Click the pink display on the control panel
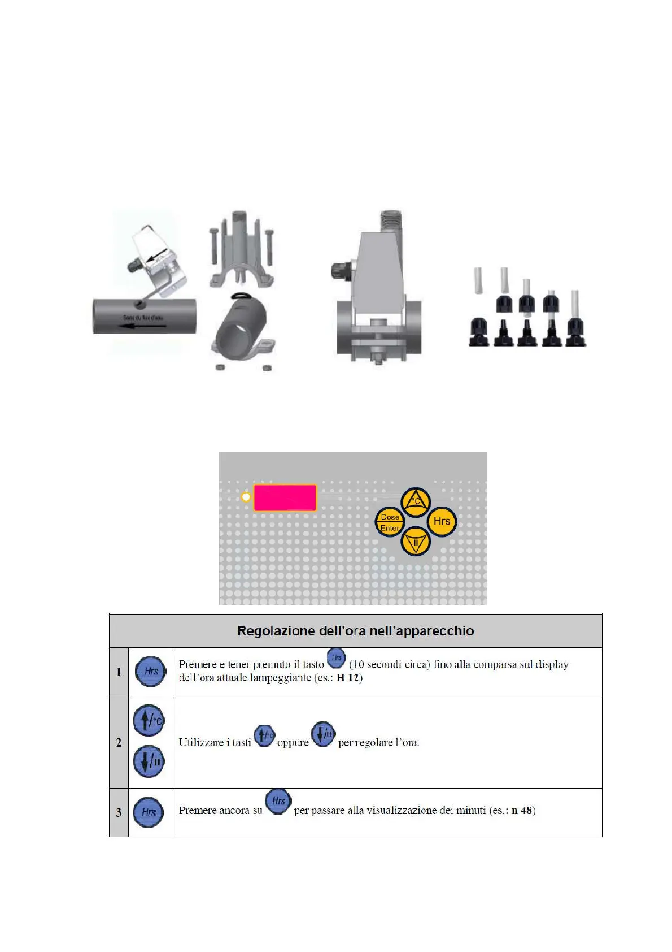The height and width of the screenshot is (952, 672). [x=285, y=497]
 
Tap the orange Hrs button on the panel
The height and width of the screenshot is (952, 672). [x=442, y=521]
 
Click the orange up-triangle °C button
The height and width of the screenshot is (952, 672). [x=416, y=501]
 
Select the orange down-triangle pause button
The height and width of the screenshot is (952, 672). [x=416, y=542]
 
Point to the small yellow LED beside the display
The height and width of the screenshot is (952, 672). [x=246, y=497]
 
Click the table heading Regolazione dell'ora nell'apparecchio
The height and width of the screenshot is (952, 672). [x=355, y=631]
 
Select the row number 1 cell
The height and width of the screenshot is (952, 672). [x=119, y=672]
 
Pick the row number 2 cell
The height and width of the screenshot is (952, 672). [x=119, y=742]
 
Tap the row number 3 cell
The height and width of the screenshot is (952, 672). [x=119, y=812]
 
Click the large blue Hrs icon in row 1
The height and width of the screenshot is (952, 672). [x=151, y=672]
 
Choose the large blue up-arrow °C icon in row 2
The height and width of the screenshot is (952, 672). [x=149, y=721]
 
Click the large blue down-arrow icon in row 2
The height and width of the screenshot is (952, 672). [x=149, y=761]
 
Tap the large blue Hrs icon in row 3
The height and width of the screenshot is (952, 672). [x=149, y=812]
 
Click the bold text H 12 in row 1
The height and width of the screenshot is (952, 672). [x=348, y=678]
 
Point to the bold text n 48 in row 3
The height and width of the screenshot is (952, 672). [x=522, y=811]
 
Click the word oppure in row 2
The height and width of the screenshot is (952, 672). [x=293, y=743]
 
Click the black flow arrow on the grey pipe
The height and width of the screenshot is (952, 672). [x=136, y=326]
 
